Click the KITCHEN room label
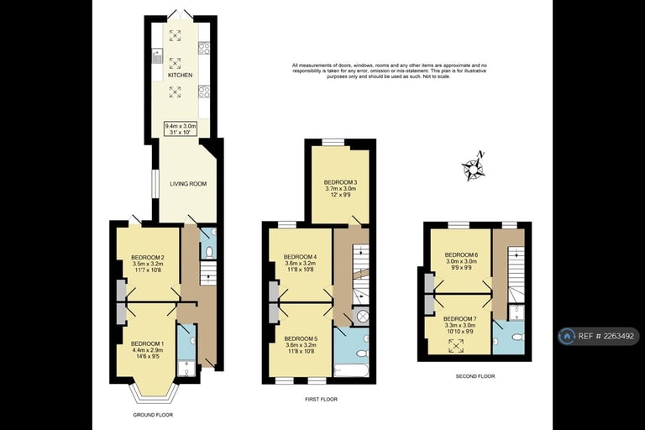pyautogui.click(x=180, y=76)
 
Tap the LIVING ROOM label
pyautogui.click(x=188, y=183)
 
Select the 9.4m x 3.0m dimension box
pyautogui.click(x=181, y=128)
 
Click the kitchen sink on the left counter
pyautogui.click(x=157, y=56)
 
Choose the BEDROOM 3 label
pyautogui.click(x=340, y=182)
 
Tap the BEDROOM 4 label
pyautogui.click(x=300, y=257)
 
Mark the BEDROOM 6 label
pyautogui.click(x=460, y=254)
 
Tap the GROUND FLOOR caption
pyautogui.click(x=153, y=415)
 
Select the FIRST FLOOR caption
pyautogui.click(x=321, y=400)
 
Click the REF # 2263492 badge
pyautogui.click(x=598, y=337)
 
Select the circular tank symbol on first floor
pyautogui.click(x=363, y=317)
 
